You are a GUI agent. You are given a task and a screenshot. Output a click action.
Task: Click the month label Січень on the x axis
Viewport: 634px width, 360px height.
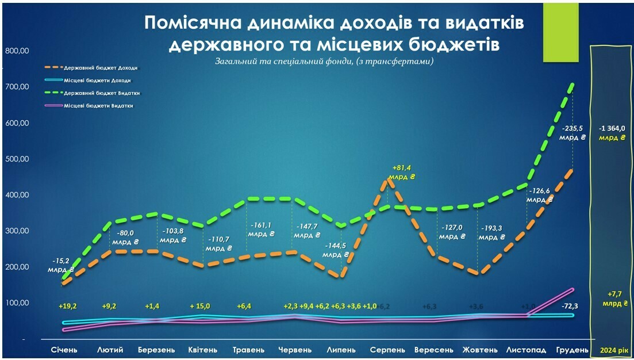(64, 350)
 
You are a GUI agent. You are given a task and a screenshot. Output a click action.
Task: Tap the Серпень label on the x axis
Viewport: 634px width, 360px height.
(387, 350)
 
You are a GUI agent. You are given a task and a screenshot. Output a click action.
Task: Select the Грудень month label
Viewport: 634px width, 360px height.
(572, 350)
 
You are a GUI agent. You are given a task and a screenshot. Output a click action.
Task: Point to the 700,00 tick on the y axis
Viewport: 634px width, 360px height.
(17, 87)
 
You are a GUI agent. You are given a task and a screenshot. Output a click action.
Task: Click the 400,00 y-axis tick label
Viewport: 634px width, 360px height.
(17, 195)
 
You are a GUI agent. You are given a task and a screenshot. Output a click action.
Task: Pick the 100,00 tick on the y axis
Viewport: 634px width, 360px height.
(17, 303)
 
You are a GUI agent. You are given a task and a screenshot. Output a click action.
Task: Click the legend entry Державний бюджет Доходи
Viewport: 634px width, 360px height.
(101, 67)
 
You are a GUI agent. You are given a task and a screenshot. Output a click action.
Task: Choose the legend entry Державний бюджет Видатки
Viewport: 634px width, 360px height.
(102, 93)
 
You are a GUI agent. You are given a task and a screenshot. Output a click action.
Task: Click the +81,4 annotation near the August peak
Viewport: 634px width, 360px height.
(401, 168)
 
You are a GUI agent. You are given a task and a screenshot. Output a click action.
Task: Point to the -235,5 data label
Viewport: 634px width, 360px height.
(573, 129)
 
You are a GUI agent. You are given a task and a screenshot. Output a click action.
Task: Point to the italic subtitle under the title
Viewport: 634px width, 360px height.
(324, 61)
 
